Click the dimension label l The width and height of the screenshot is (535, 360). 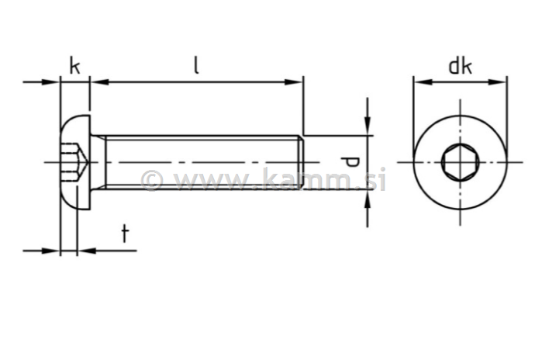[196, 65]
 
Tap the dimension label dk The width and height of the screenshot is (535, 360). [460, 66]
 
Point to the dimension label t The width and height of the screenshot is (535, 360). [124, 234]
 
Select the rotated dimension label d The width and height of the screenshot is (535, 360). [350, 162]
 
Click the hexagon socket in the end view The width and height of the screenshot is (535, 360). [459, 162]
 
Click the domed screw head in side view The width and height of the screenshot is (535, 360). [75, 162]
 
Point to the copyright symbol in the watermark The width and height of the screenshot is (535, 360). [152, 181]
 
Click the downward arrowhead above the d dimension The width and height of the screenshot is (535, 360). [367, 128]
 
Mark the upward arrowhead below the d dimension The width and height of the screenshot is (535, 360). [367, 198]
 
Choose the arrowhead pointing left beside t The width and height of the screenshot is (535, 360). [85, 250]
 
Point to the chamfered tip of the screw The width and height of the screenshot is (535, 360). [300, 162]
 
